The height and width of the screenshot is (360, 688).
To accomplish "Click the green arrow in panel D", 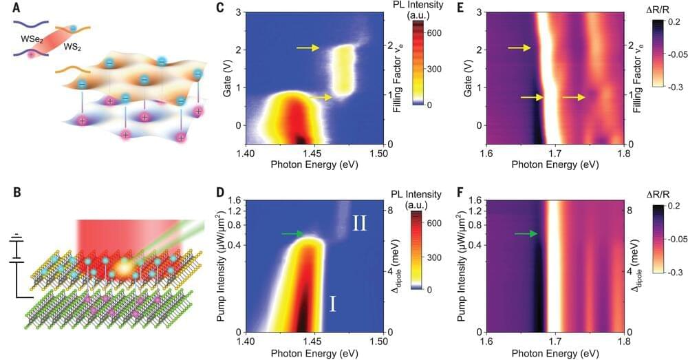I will tap(292, 234).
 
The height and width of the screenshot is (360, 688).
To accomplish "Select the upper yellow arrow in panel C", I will tap(308, 47).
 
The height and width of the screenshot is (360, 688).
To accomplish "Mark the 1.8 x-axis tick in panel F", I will tap(623, 343).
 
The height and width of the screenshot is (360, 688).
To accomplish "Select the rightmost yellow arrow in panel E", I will tap(573, 98).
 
